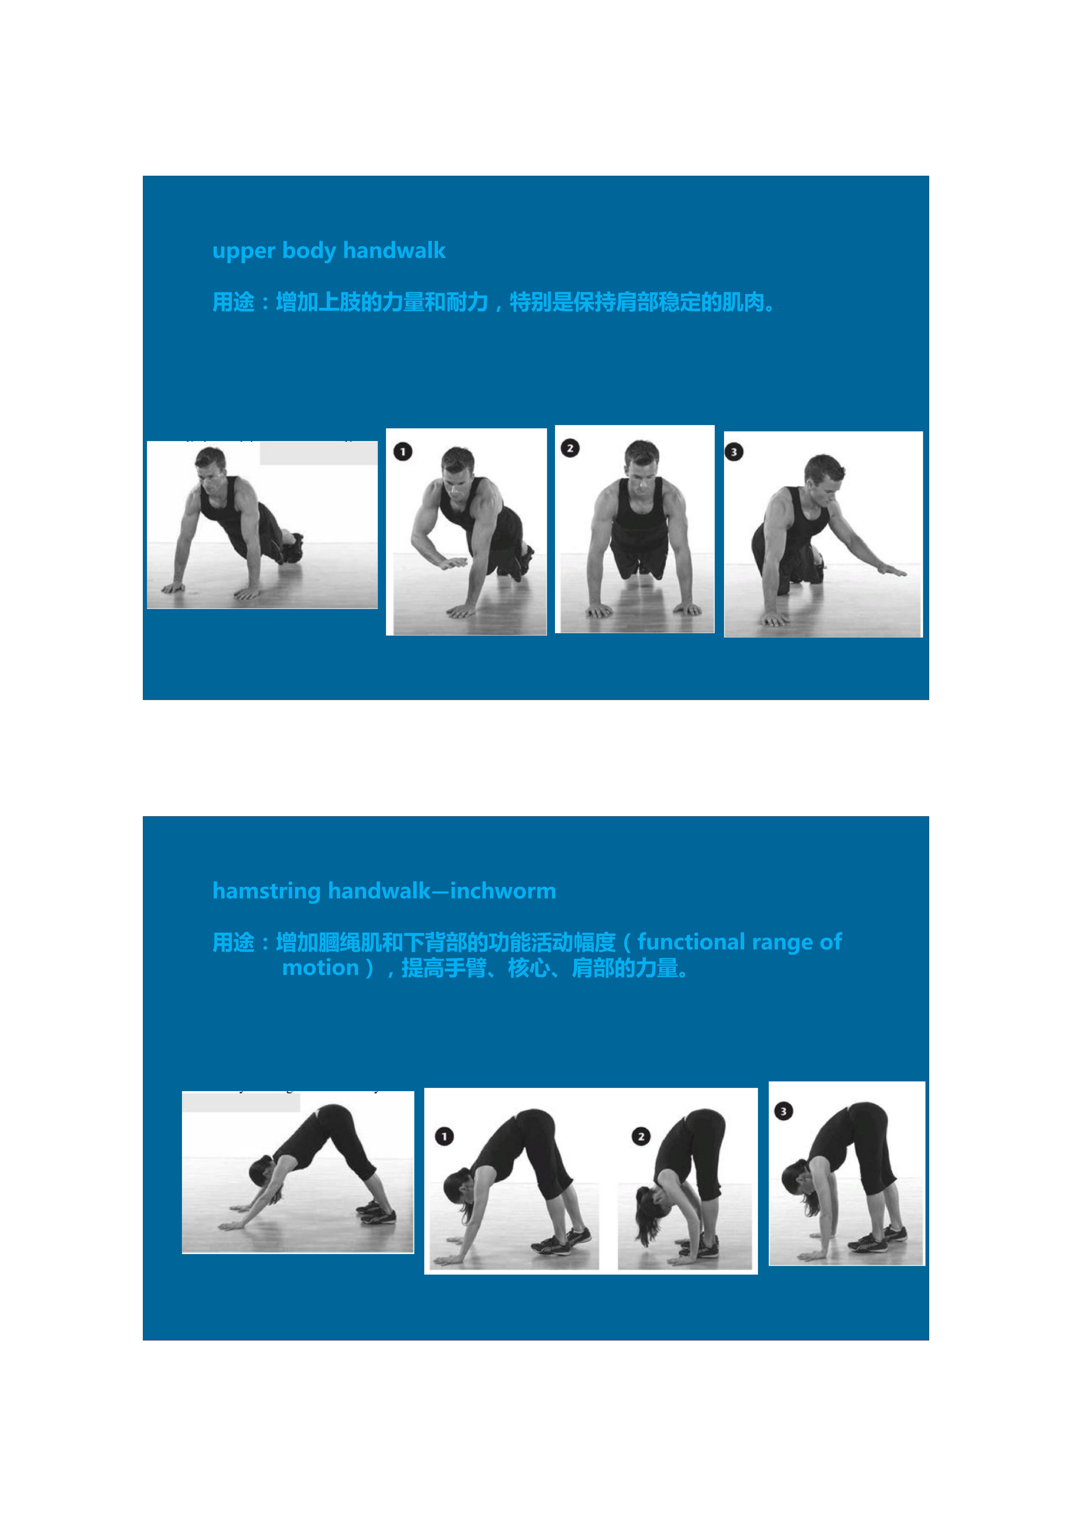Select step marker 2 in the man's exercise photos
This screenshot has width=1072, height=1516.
click(570, 448)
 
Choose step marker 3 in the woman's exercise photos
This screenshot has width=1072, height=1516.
click(783, 1111)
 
